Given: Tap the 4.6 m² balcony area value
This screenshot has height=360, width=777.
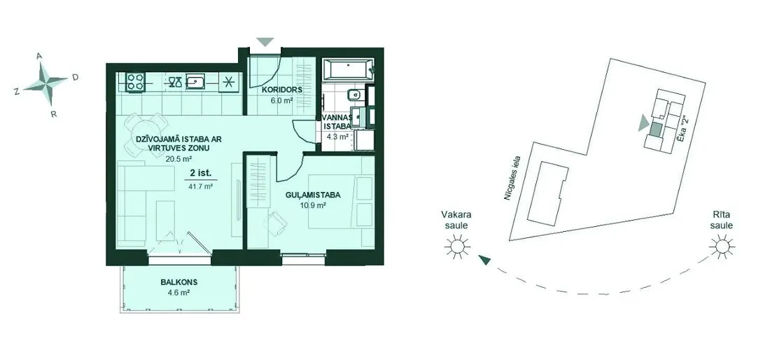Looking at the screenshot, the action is click(x=179, y=293).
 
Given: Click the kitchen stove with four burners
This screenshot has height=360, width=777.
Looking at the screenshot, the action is click(x=135, y=82).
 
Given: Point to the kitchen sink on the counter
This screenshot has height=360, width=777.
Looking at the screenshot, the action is click(x=197, y=82).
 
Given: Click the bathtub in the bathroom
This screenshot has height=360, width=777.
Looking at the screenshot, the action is click(x=347, y=69).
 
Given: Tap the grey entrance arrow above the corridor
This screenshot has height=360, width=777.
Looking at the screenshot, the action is click(x=265, y=42).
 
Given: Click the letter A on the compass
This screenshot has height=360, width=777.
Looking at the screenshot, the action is click(x=39, y=57).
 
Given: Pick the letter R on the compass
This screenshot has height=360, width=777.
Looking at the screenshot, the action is click(x=54, y=114).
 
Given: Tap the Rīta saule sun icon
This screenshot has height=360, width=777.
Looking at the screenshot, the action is click(x=722, y=245).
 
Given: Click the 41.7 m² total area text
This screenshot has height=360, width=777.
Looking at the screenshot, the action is click(x=201, y=186).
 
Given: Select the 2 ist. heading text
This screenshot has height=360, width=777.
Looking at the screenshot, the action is click(x=201, y=174).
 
